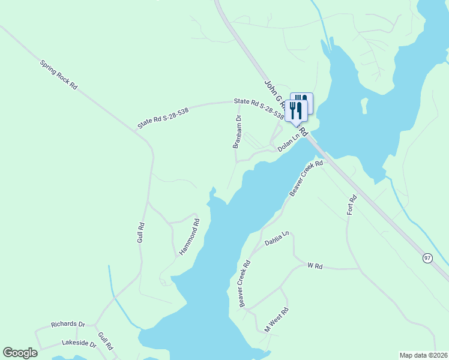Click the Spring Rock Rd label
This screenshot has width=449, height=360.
pos(59,74)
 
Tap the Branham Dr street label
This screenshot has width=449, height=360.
pos(237,131)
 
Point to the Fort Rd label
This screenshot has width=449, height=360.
pos(352,205)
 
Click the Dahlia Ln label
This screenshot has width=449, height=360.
pos(277,238)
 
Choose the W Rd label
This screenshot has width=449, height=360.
pos(315,265)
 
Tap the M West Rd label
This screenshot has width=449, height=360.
pos(277,320)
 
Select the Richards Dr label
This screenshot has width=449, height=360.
pos(68,324)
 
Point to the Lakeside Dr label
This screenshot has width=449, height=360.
pos(79,344)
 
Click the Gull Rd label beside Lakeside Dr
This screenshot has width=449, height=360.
pos(105,341)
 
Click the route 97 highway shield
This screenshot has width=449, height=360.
pos(427,257)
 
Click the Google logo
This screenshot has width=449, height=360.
pos(20,353)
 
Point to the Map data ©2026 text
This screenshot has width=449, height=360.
pos(423,355)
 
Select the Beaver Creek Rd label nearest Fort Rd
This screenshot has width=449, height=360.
pos(306,178)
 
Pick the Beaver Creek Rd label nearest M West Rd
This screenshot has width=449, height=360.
pos(244,284)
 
